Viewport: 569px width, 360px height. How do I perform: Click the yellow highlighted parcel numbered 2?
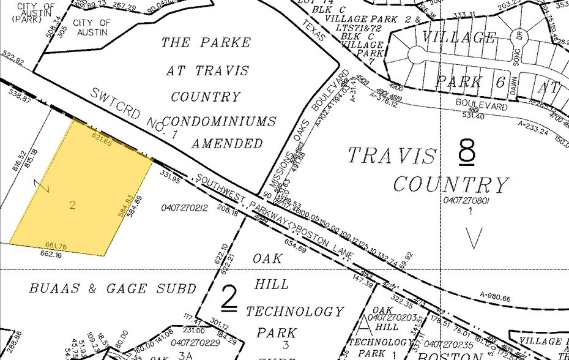pos(80,190)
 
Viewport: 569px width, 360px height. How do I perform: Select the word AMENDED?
pos(228,144)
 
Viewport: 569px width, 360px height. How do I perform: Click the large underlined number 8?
pos(466,152)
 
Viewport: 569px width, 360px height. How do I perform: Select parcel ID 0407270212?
pos(185,209)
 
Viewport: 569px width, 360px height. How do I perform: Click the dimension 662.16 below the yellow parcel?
pos(52,253)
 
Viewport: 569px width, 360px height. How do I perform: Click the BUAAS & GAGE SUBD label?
pos(113,288)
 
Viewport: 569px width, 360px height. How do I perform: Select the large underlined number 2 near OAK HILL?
pos(228,298)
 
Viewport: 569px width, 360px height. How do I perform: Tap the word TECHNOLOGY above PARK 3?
pos(295,312)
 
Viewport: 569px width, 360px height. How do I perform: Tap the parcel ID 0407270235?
pos(445,344)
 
